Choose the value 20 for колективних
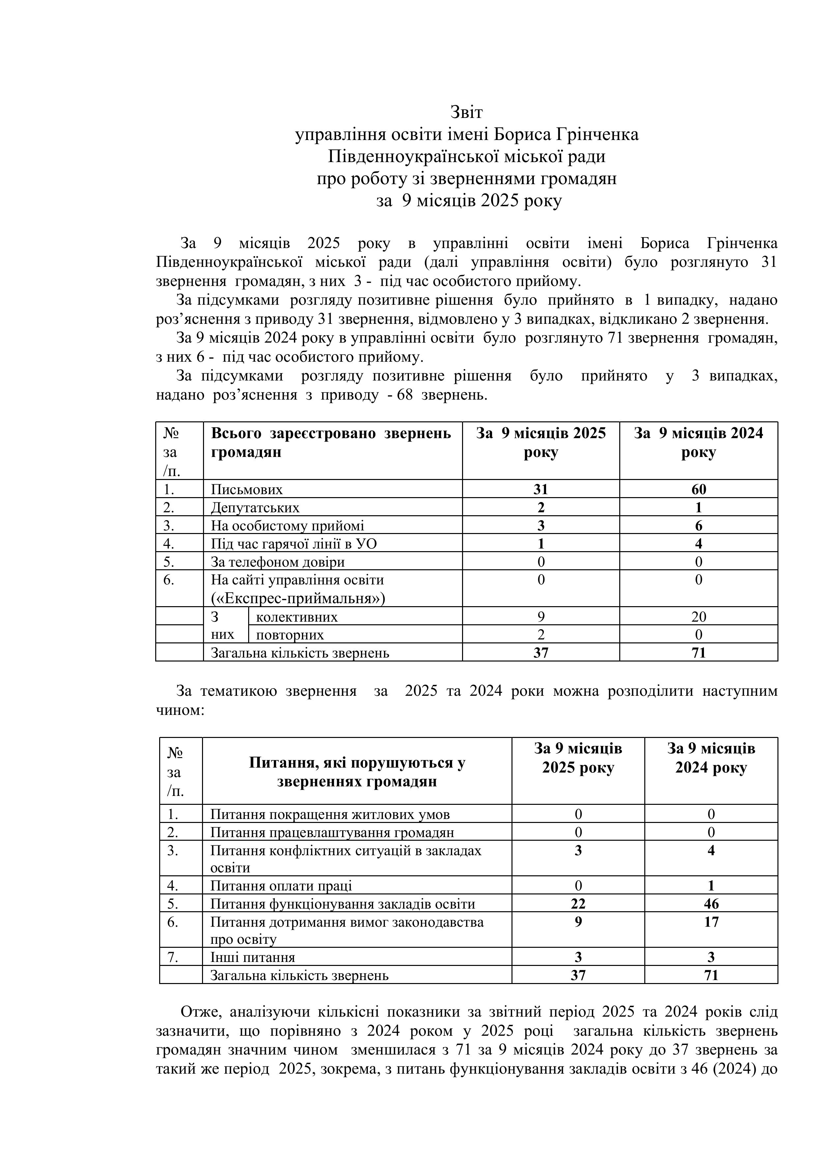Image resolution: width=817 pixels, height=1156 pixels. [x=699, y=617]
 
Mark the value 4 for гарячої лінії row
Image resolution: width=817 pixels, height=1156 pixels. [x=699, y=544]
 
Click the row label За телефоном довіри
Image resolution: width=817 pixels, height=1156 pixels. [x=277, y=562]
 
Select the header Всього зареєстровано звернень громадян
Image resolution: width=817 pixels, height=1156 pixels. [x=331, y=442]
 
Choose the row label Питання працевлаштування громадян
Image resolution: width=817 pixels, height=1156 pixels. [x=332, y=832]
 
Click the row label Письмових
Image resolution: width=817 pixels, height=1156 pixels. [x=247, y=490]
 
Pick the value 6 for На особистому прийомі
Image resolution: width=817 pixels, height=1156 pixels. [x=699, y=526]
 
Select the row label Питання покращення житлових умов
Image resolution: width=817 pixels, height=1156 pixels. [x=330, y=814]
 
